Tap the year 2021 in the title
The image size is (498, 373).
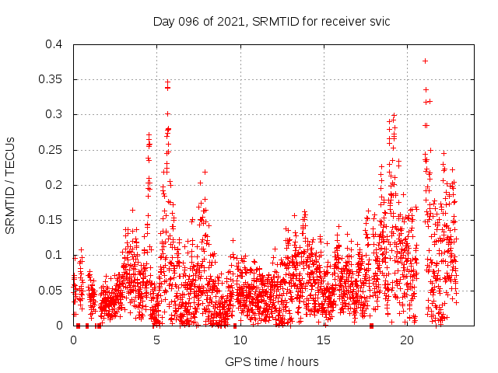(231, 22)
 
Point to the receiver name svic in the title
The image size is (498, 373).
(378, 22)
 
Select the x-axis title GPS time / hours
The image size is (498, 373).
(272, 361)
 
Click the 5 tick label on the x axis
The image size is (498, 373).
(157, 340)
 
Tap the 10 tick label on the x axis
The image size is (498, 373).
(240, 340)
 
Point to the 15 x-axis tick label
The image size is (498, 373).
(324, 340)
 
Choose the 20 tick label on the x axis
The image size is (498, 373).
(407, 340)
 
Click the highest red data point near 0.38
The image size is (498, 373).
(425, 61)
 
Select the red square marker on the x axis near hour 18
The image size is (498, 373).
(372, 326)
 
